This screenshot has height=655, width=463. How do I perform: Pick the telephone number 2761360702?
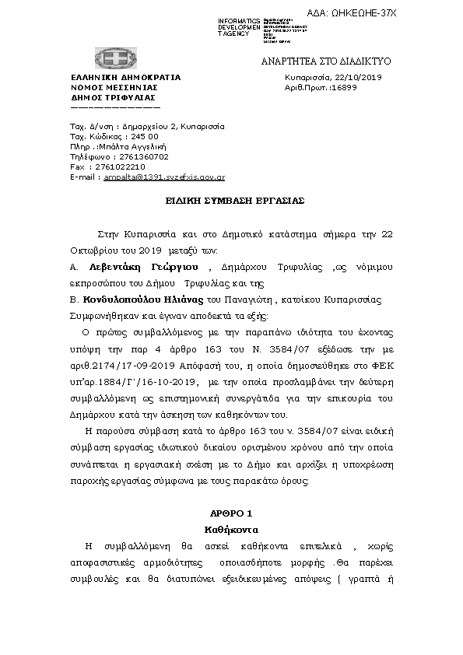point(134,156)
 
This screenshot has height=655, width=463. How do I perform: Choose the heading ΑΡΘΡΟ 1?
point(232,514)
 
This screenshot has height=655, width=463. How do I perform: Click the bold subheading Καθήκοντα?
point(232,528)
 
